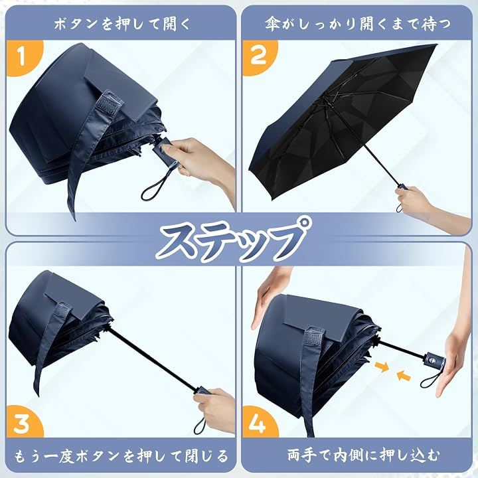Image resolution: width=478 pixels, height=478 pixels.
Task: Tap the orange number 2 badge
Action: pyautogui.click(x=259, y=56)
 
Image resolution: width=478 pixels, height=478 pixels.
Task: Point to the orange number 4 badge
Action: pyautogui.click(x=259, y=422)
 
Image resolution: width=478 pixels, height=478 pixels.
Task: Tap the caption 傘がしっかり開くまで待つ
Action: pyautogui.click(x=357, y=24)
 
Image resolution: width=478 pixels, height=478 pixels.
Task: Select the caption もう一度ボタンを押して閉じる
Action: pyautogui.click(x=121, y=455)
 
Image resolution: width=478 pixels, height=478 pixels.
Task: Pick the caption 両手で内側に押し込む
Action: pyautogui.click(x=364, y=455)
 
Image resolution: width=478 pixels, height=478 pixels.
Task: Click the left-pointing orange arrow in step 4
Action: pyautogui.click(x=404, y=376)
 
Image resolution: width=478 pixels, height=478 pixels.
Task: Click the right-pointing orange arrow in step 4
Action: pyautogui.click(x=382, y=366)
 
